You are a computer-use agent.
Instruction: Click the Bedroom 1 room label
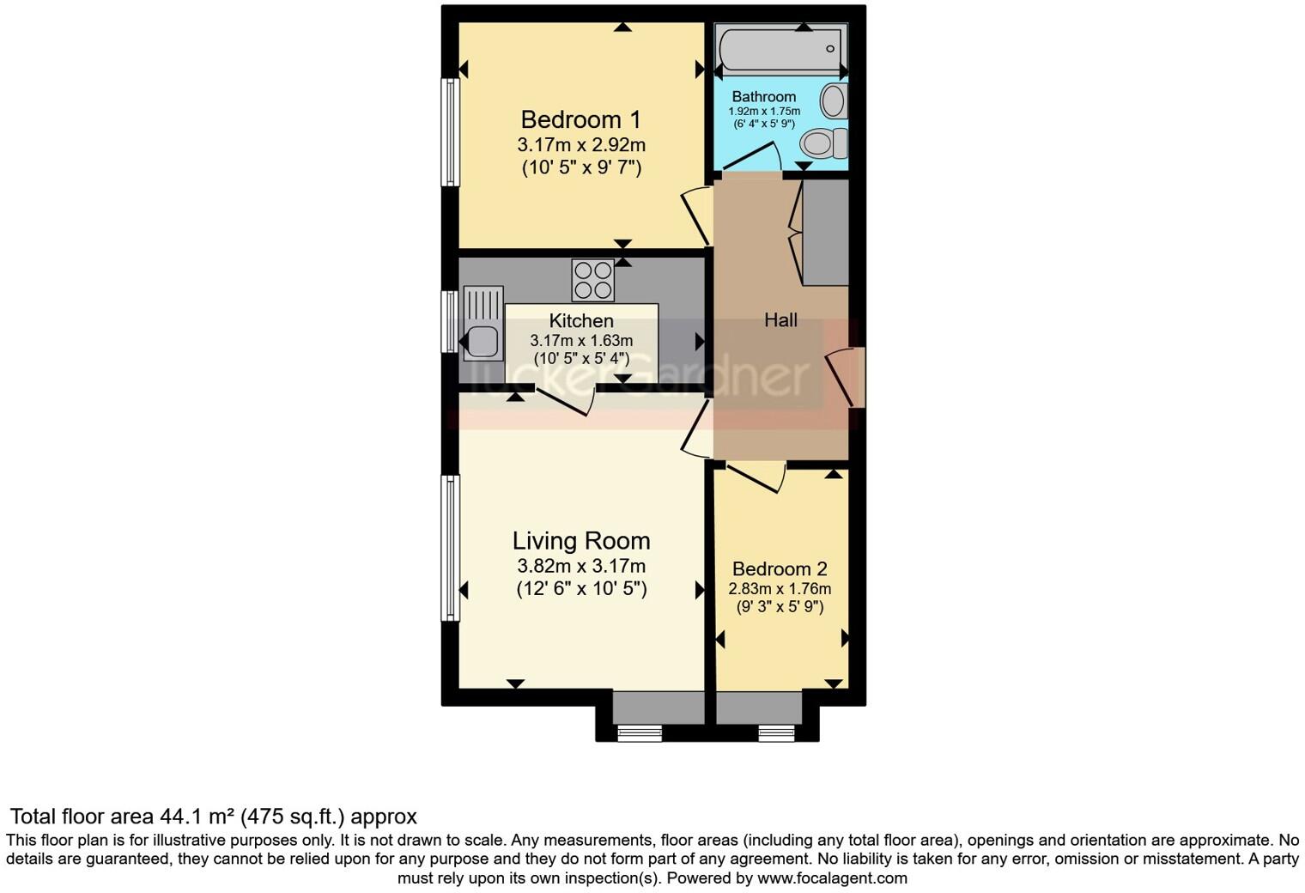point(580,119)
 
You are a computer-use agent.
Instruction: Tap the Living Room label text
point(581,541)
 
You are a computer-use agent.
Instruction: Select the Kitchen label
point(581,321)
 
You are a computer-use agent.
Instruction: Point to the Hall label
point(780,320)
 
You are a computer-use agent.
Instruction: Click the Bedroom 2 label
point(780,569)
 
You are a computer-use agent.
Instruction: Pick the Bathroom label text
point(763,97)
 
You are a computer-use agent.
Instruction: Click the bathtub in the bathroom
point(780,50)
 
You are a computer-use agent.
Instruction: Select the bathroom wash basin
point(832,101)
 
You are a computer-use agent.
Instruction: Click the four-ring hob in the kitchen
point(593,280)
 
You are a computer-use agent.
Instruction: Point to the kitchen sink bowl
point(483,342)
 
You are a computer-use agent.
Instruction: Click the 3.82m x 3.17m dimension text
point(581,567)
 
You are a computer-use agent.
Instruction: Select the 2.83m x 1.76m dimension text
point(780,589)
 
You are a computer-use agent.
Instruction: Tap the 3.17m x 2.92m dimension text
point(581,145)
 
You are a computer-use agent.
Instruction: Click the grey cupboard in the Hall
point(825,232)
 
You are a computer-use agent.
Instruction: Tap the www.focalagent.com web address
point(832,878)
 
